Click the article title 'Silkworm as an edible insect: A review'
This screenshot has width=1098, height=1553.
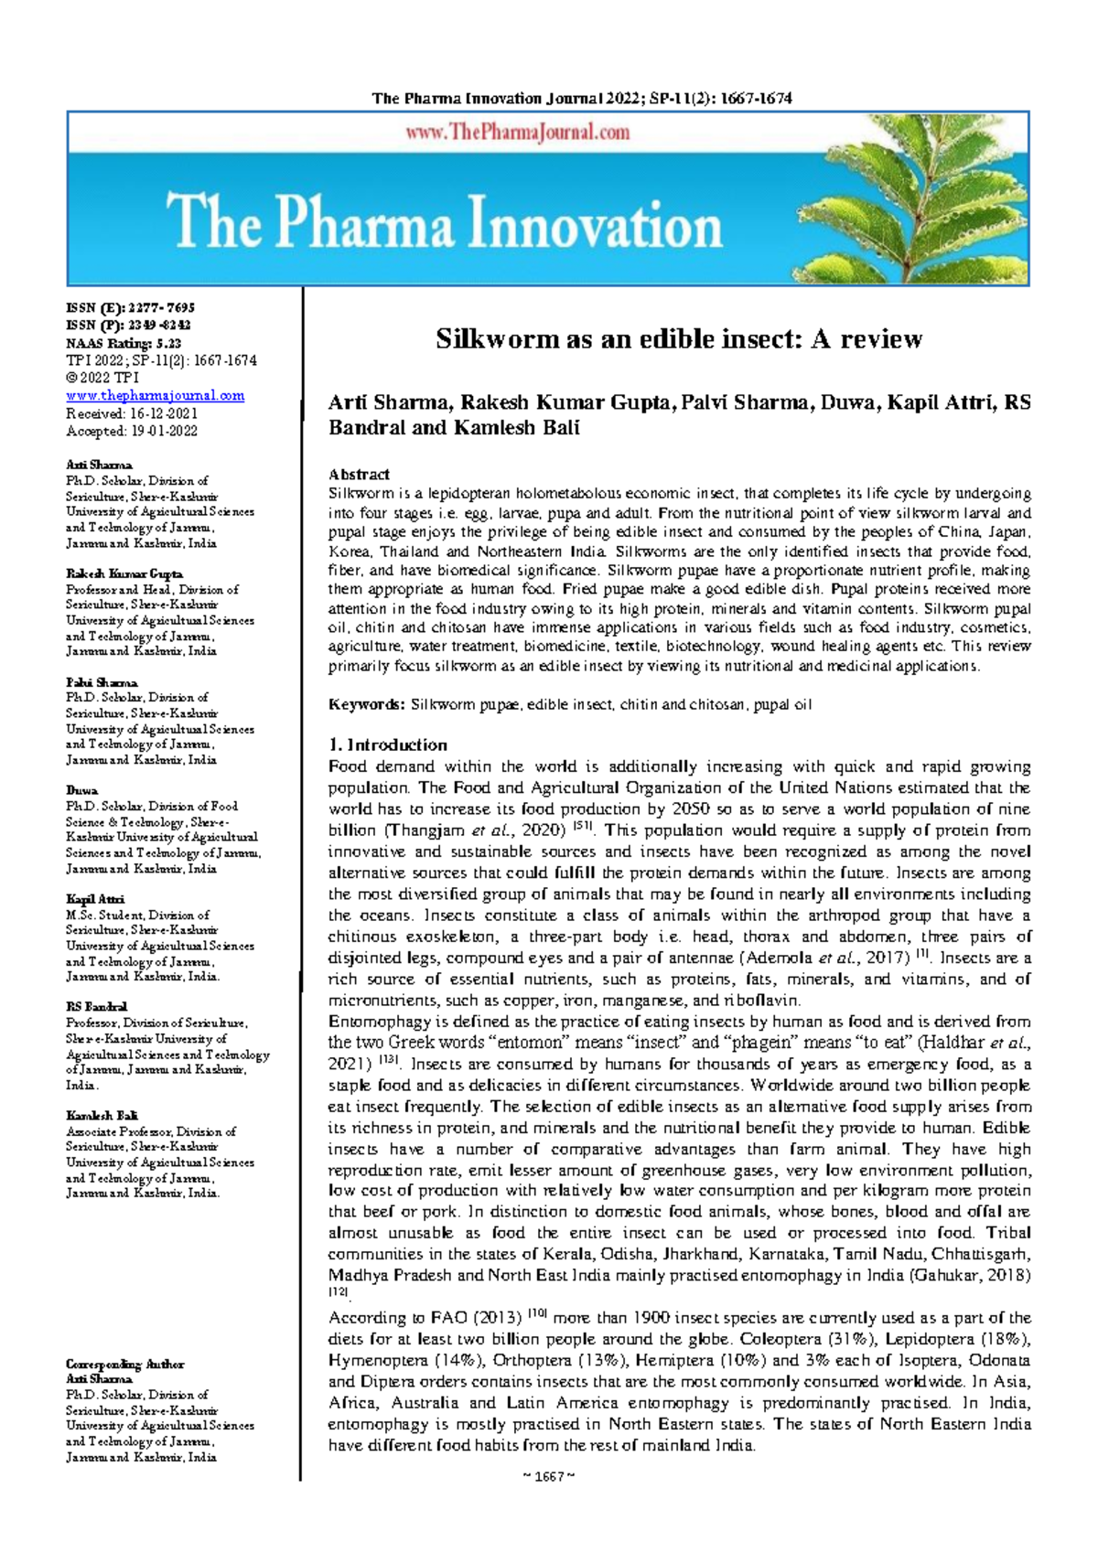tap(678, 339)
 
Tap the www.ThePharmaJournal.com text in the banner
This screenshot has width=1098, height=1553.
tap(518, 133)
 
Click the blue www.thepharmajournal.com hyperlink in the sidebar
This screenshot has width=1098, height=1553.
tap(155, 395)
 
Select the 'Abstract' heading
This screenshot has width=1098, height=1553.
tap(359, 474)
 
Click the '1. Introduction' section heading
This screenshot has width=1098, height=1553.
tap(388, 744)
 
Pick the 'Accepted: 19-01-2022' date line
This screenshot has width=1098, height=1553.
tap(131, 431)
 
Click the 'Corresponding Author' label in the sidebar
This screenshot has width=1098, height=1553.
tap(124, 1364)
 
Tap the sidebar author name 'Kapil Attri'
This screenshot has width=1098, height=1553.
tap(95, 899)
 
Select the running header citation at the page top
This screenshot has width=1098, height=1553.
tap(581, 99)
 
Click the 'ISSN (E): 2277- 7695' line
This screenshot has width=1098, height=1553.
tap(130, 308)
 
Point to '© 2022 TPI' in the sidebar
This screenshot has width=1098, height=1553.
tap(102, 378)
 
